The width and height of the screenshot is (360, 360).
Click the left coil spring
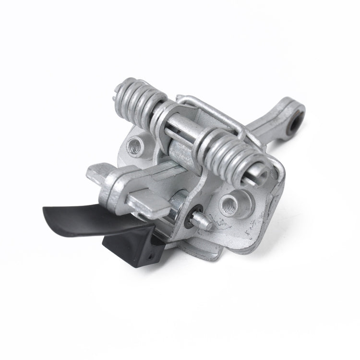(x=139, y=98)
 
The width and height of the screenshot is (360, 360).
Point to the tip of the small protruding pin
(x=210, y=225)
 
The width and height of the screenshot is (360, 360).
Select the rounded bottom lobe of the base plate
(x=211, y=247)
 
